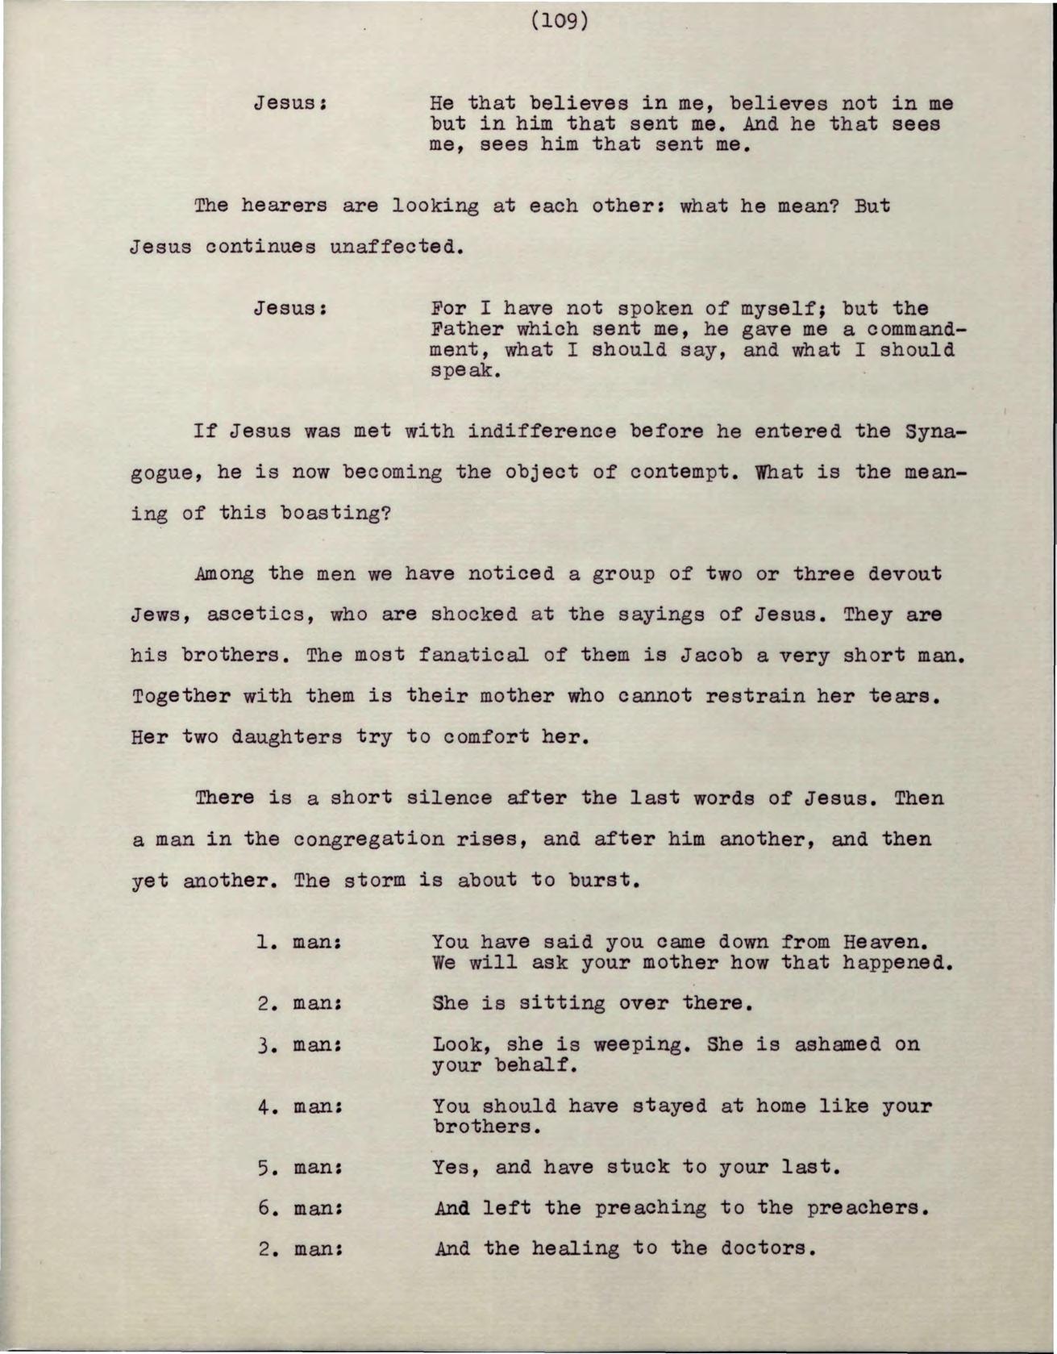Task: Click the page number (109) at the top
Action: click(x=560, y=19)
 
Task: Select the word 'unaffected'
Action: click(x=394, y=246)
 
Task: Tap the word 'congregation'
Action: click(x=368, y=839)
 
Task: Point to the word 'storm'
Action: click(x=374, y=880)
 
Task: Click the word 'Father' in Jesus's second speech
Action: click(x=468, y=329)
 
